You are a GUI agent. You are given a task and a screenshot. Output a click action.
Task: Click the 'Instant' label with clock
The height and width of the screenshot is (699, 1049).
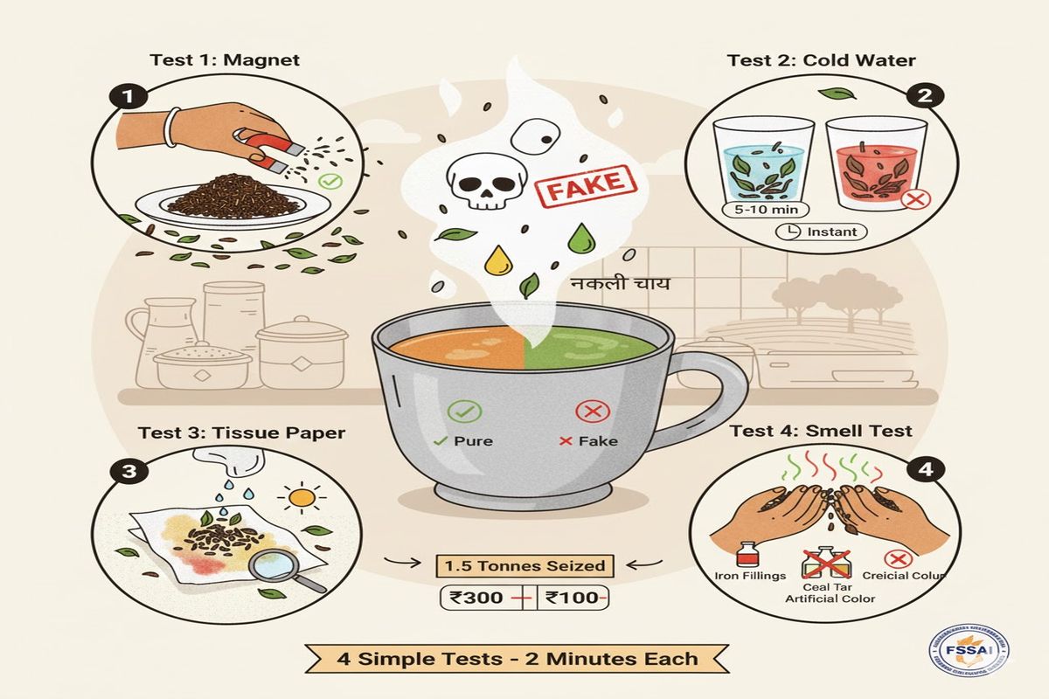tap(822, 232)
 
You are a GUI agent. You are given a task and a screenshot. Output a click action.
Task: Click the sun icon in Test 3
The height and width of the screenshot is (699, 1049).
tap(302, 497)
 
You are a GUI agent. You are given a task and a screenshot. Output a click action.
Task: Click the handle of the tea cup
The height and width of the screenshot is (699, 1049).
tap(719, 395)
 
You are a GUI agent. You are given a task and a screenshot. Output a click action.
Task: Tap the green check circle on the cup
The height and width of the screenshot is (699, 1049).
tap(461, 411)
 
